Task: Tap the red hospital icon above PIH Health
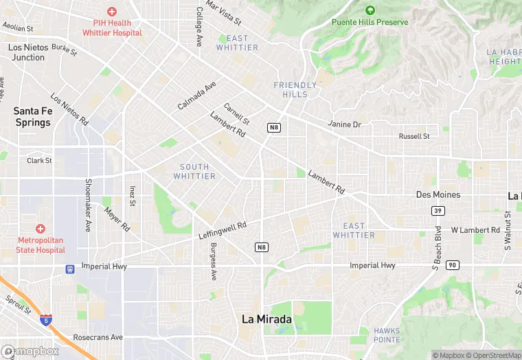click(112, 12)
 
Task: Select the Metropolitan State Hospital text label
click(41, 245)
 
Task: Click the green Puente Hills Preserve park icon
click(370, 10)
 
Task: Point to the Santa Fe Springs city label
click(32, 116)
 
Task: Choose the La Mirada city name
click(266, 319)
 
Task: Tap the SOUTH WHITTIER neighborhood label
click(194, 172)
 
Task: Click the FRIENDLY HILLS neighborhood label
click(295, 89)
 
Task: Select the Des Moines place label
click(438, 194)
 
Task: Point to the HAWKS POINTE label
click(387, 335)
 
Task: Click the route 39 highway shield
click(437, 210)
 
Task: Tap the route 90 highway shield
click(451, 265)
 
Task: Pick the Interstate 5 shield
click(45, 320)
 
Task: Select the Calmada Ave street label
click(196, 95)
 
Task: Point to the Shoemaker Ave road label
click(88, 205)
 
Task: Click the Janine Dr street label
click(345, 124)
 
